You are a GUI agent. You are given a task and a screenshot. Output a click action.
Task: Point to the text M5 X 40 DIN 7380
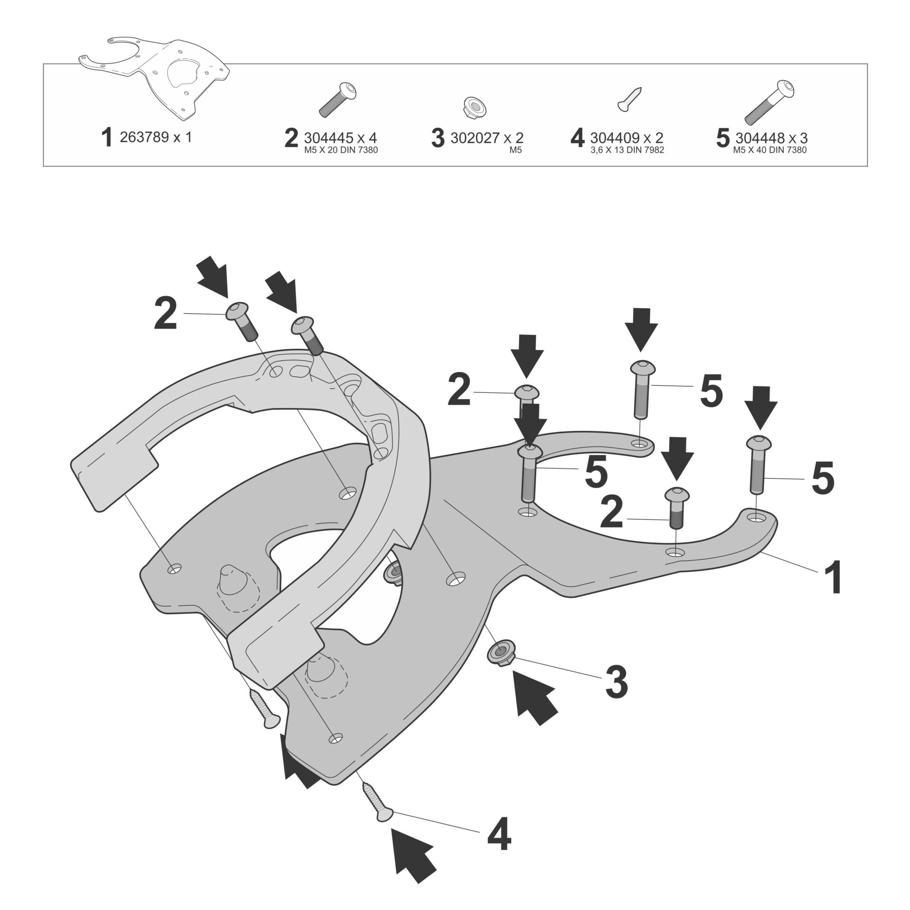(x=769, y=151)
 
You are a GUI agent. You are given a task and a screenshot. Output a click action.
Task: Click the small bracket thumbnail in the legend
(x=154, y=76)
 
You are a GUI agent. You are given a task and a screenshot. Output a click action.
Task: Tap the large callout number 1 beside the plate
(x=832, y=577)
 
